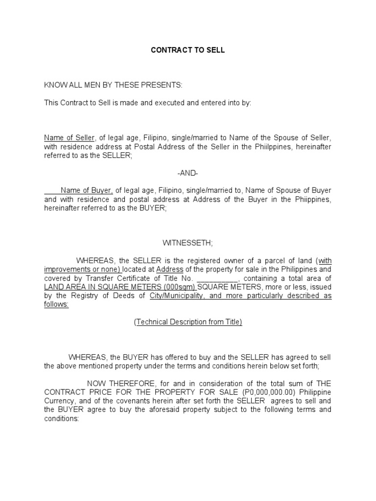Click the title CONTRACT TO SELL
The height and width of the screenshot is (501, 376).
(188, 50)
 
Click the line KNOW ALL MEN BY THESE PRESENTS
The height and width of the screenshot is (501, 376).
(113, 86)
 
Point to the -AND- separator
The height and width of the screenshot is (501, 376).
(188, 174)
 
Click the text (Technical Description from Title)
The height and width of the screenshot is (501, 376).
(188, 322)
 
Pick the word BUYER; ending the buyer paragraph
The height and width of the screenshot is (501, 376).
(152, 208)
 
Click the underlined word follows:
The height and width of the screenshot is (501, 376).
(56, 305)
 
